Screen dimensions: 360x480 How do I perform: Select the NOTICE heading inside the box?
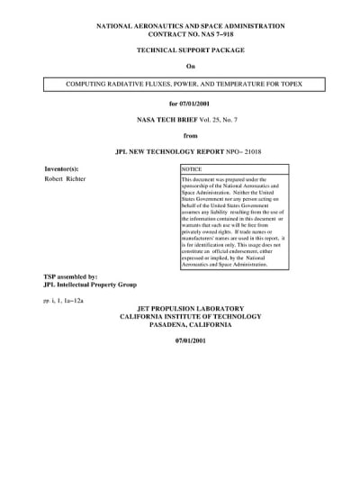coord(192,169)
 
